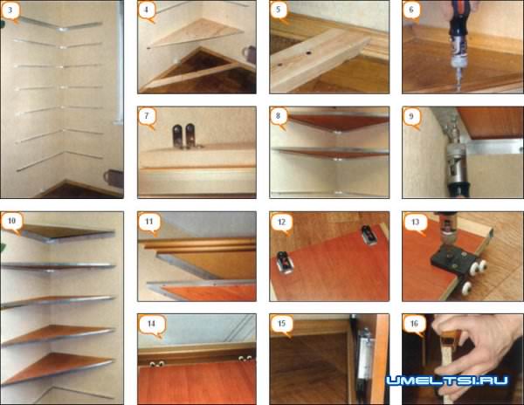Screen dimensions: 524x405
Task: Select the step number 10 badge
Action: click(11, 222)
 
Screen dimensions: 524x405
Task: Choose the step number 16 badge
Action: click(414, 324)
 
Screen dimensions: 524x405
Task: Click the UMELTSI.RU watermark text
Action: click(447, 381)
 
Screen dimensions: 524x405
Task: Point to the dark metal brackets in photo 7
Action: click(183, 136)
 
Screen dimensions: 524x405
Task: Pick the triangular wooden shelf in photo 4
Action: click(197, 32)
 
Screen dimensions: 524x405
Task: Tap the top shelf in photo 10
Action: click(67, 232)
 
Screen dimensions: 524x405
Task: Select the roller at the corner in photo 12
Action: click(286, 263)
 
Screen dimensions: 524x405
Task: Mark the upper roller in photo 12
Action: click(369, 235)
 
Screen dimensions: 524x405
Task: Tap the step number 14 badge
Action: click(152, 325)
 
